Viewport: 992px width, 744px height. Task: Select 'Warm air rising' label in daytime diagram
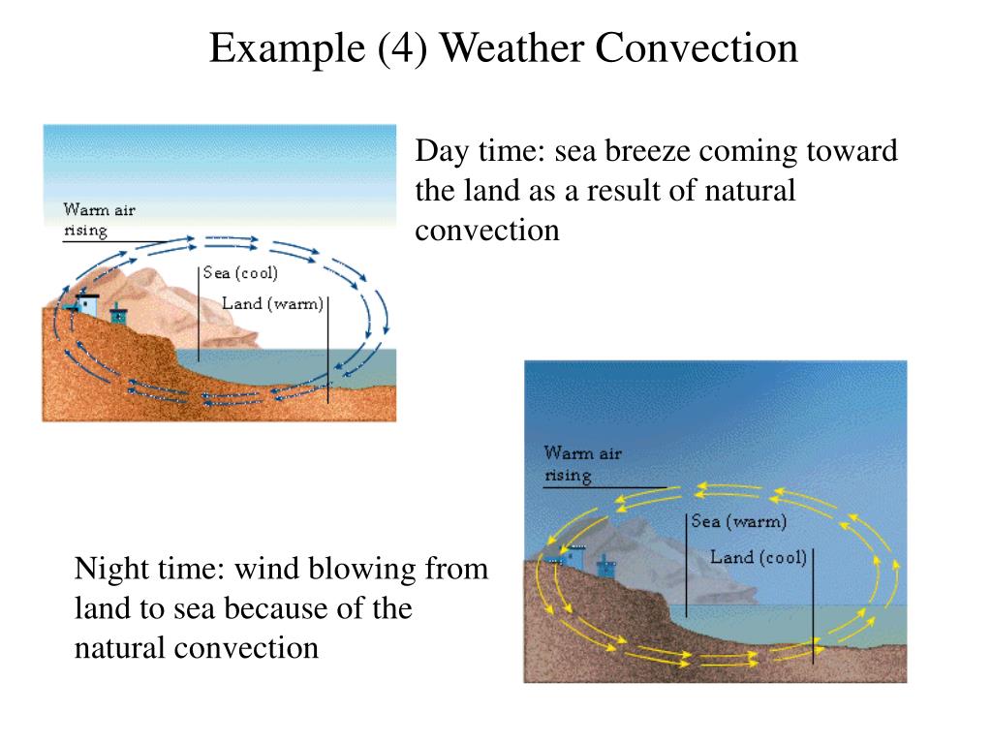(92, 220)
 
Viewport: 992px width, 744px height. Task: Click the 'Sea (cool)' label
(240, 273)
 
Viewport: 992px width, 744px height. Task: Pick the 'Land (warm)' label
(271, 304)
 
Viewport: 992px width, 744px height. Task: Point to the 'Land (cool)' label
(759, 558)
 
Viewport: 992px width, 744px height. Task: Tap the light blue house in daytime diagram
(87, 303)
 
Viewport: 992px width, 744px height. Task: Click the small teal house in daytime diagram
(118, 315)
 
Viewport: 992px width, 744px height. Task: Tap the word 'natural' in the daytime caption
(752, 191)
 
